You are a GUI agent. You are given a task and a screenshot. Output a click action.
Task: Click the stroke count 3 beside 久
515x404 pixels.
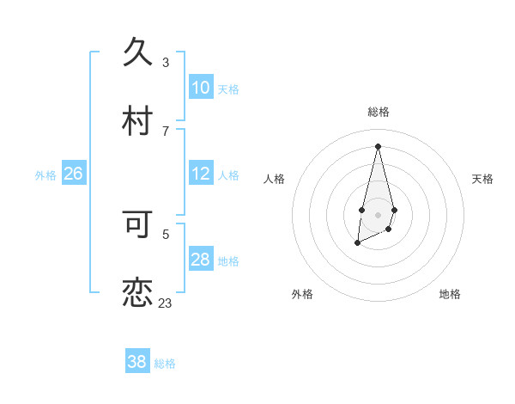coord(166,62)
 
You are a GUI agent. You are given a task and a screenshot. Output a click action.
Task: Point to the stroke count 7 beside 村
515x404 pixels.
coord(166,131)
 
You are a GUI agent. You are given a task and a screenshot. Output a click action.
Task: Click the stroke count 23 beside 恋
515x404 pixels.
coord(165,303)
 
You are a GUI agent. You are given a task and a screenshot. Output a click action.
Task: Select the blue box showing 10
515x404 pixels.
coord(201,88)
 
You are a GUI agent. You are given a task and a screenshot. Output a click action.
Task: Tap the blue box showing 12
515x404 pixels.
coord(201,174)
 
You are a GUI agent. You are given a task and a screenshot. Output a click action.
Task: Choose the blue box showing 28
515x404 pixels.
coord(201,260)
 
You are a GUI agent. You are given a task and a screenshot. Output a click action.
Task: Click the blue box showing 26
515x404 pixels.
coord(73,174)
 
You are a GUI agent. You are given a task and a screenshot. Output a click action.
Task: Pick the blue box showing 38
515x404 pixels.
coord(137,362)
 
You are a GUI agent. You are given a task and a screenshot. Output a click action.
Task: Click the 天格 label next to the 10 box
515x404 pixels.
coord(228,89)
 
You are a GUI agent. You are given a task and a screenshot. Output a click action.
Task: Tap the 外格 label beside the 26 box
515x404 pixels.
coord(45,175)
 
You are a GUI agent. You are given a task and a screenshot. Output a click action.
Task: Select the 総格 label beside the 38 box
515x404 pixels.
coord(165,364)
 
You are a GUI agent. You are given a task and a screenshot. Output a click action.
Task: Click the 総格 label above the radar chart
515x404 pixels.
coord(378,112)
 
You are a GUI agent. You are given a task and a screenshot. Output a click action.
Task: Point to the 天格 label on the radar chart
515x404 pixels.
coord(482,179)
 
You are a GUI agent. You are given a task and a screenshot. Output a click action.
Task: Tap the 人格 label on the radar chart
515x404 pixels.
coord(274,179)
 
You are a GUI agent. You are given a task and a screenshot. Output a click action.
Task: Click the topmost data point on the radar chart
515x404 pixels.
coord(378,145)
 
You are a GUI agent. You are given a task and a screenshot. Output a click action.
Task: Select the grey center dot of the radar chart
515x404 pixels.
coord(378,213)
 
